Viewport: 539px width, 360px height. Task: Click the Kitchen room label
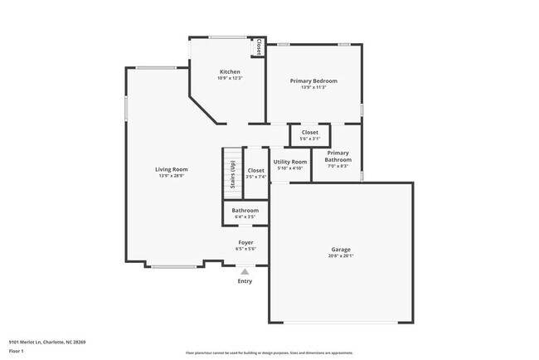230,71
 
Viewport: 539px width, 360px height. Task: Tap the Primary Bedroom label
313,80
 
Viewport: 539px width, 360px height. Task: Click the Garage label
341,249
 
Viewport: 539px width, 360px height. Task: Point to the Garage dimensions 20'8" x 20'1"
341,255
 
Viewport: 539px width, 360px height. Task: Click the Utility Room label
290,161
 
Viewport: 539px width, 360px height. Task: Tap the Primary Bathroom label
337,156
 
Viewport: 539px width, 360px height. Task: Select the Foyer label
245,242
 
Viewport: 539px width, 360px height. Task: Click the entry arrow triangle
245,270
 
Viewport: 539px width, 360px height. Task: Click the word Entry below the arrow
245,281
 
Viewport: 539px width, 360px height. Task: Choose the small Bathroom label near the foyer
245,211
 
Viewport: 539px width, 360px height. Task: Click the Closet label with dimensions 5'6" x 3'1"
309,132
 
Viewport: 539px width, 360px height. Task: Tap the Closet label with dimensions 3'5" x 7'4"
256,170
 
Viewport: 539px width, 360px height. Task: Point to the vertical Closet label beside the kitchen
259,46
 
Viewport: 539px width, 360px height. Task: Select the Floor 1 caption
17,351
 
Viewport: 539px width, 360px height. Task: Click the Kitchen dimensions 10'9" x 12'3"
230,78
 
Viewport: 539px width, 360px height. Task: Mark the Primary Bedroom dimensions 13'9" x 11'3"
313,87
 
